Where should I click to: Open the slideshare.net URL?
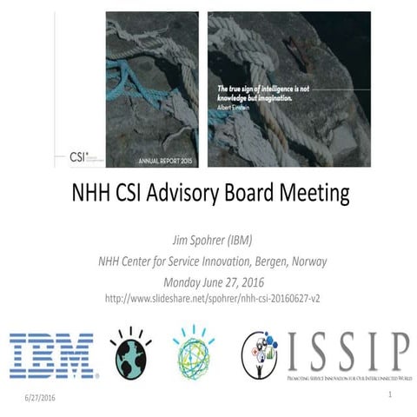coord(208,299)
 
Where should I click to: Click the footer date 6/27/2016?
coord(41,397)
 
